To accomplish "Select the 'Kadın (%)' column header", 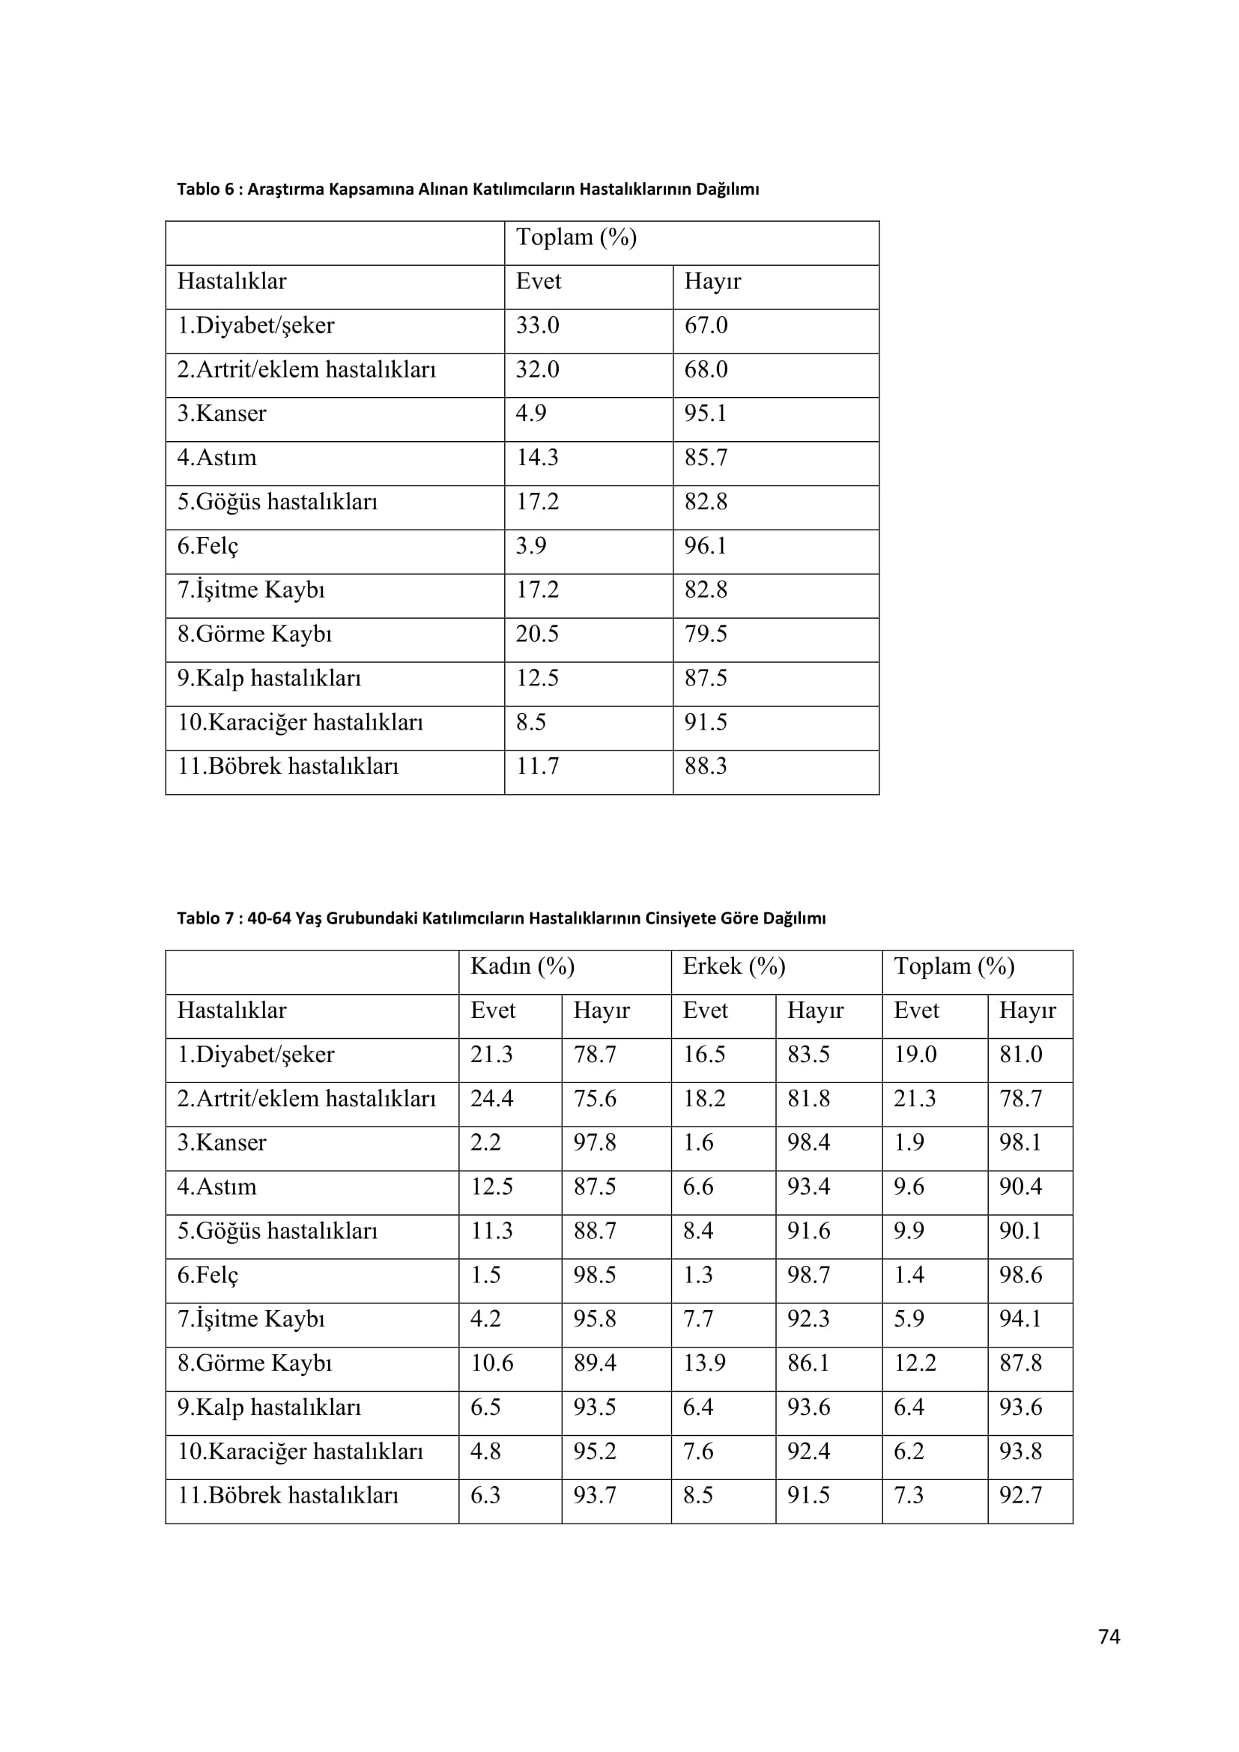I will [522, 967].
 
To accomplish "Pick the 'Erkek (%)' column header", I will [733, 967].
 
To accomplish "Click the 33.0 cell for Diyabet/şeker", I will [537, 326].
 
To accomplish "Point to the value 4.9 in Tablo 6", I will [531, 413].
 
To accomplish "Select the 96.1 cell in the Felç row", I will [706, 546].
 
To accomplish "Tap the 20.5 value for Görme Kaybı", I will [537, 634].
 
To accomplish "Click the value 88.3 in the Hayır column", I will [706, 766].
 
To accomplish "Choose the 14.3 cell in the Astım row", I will [537, 458].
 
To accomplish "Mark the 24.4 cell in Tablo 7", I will [491, 1099].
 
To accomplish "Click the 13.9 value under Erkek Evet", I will [704, 1363].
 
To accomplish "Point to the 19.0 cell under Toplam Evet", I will [915, 1055].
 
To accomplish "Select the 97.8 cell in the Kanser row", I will [594, 1143].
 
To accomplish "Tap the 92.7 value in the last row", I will [1020, 1496].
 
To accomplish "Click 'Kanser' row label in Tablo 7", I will [222, 1143].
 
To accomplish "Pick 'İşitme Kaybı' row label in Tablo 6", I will [251, 589].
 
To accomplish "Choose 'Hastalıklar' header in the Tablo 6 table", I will [232, 282].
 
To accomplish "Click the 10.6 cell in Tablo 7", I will [491, 1363].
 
